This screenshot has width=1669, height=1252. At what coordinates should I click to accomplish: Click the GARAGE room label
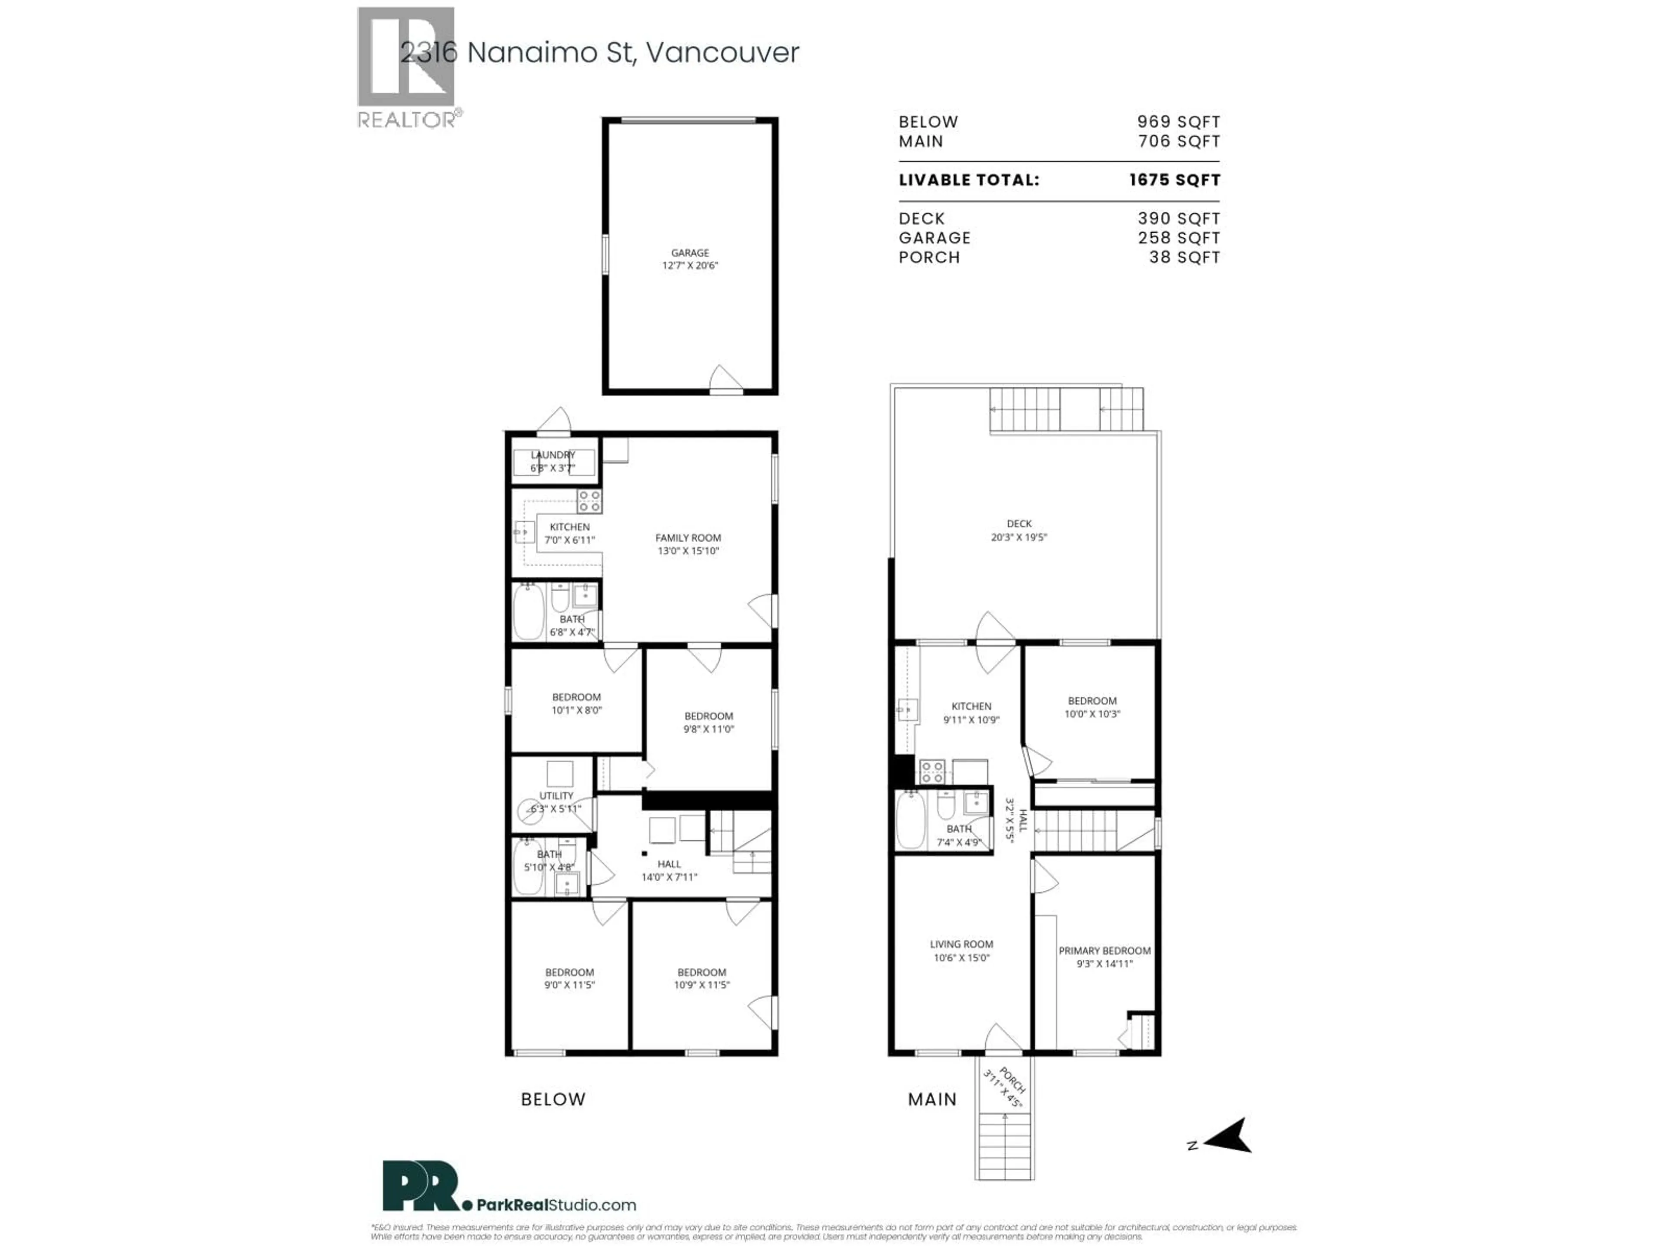click(x=690, y=253)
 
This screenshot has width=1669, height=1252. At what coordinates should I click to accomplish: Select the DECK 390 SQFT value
click(x=1179, y=219)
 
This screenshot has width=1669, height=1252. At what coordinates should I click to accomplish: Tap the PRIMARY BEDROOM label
click(x=1104, y=951)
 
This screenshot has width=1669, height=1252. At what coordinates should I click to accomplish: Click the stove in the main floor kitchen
click(x=932, y=771)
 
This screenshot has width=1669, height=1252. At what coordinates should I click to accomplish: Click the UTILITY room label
click(x=556, y=796)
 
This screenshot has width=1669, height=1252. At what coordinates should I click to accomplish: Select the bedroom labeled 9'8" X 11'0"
click(x=708, y=722)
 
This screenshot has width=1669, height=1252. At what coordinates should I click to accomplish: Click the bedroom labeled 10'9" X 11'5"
click(x=702, y=978)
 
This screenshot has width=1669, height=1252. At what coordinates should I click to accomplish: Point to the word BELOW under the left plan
click(x=553, y=1099)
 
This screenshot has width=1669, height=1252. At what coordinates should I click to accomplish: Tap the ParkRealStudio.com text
click(x=556, y=1205)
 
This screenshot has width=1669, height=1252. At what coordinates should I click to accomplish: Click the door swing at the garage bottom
click(x=725, y=379)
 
